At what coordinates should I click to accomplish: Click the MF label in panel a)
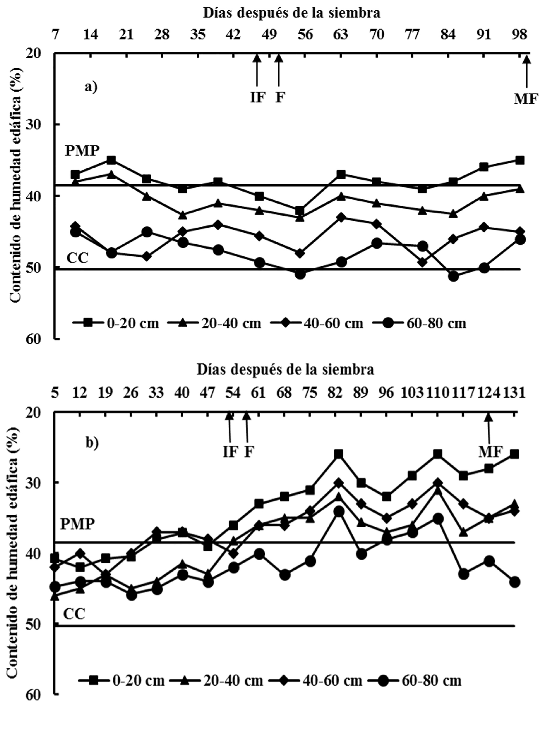click(526, 99)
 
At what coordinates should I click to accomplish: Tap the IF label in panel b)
click(230, 452)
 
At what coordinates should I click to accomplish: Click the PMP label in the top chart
click(82, 151)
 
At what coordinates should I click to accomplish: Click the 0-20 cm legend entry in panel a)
click(116, 323)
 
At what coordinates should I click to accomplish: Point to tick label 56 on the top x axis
click(305, 34)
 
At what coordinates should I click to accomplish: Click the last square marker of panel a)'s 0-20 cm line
click(520, 161)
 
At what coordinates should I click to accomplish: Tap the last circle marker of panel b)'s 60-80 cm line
click(515, 582)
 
